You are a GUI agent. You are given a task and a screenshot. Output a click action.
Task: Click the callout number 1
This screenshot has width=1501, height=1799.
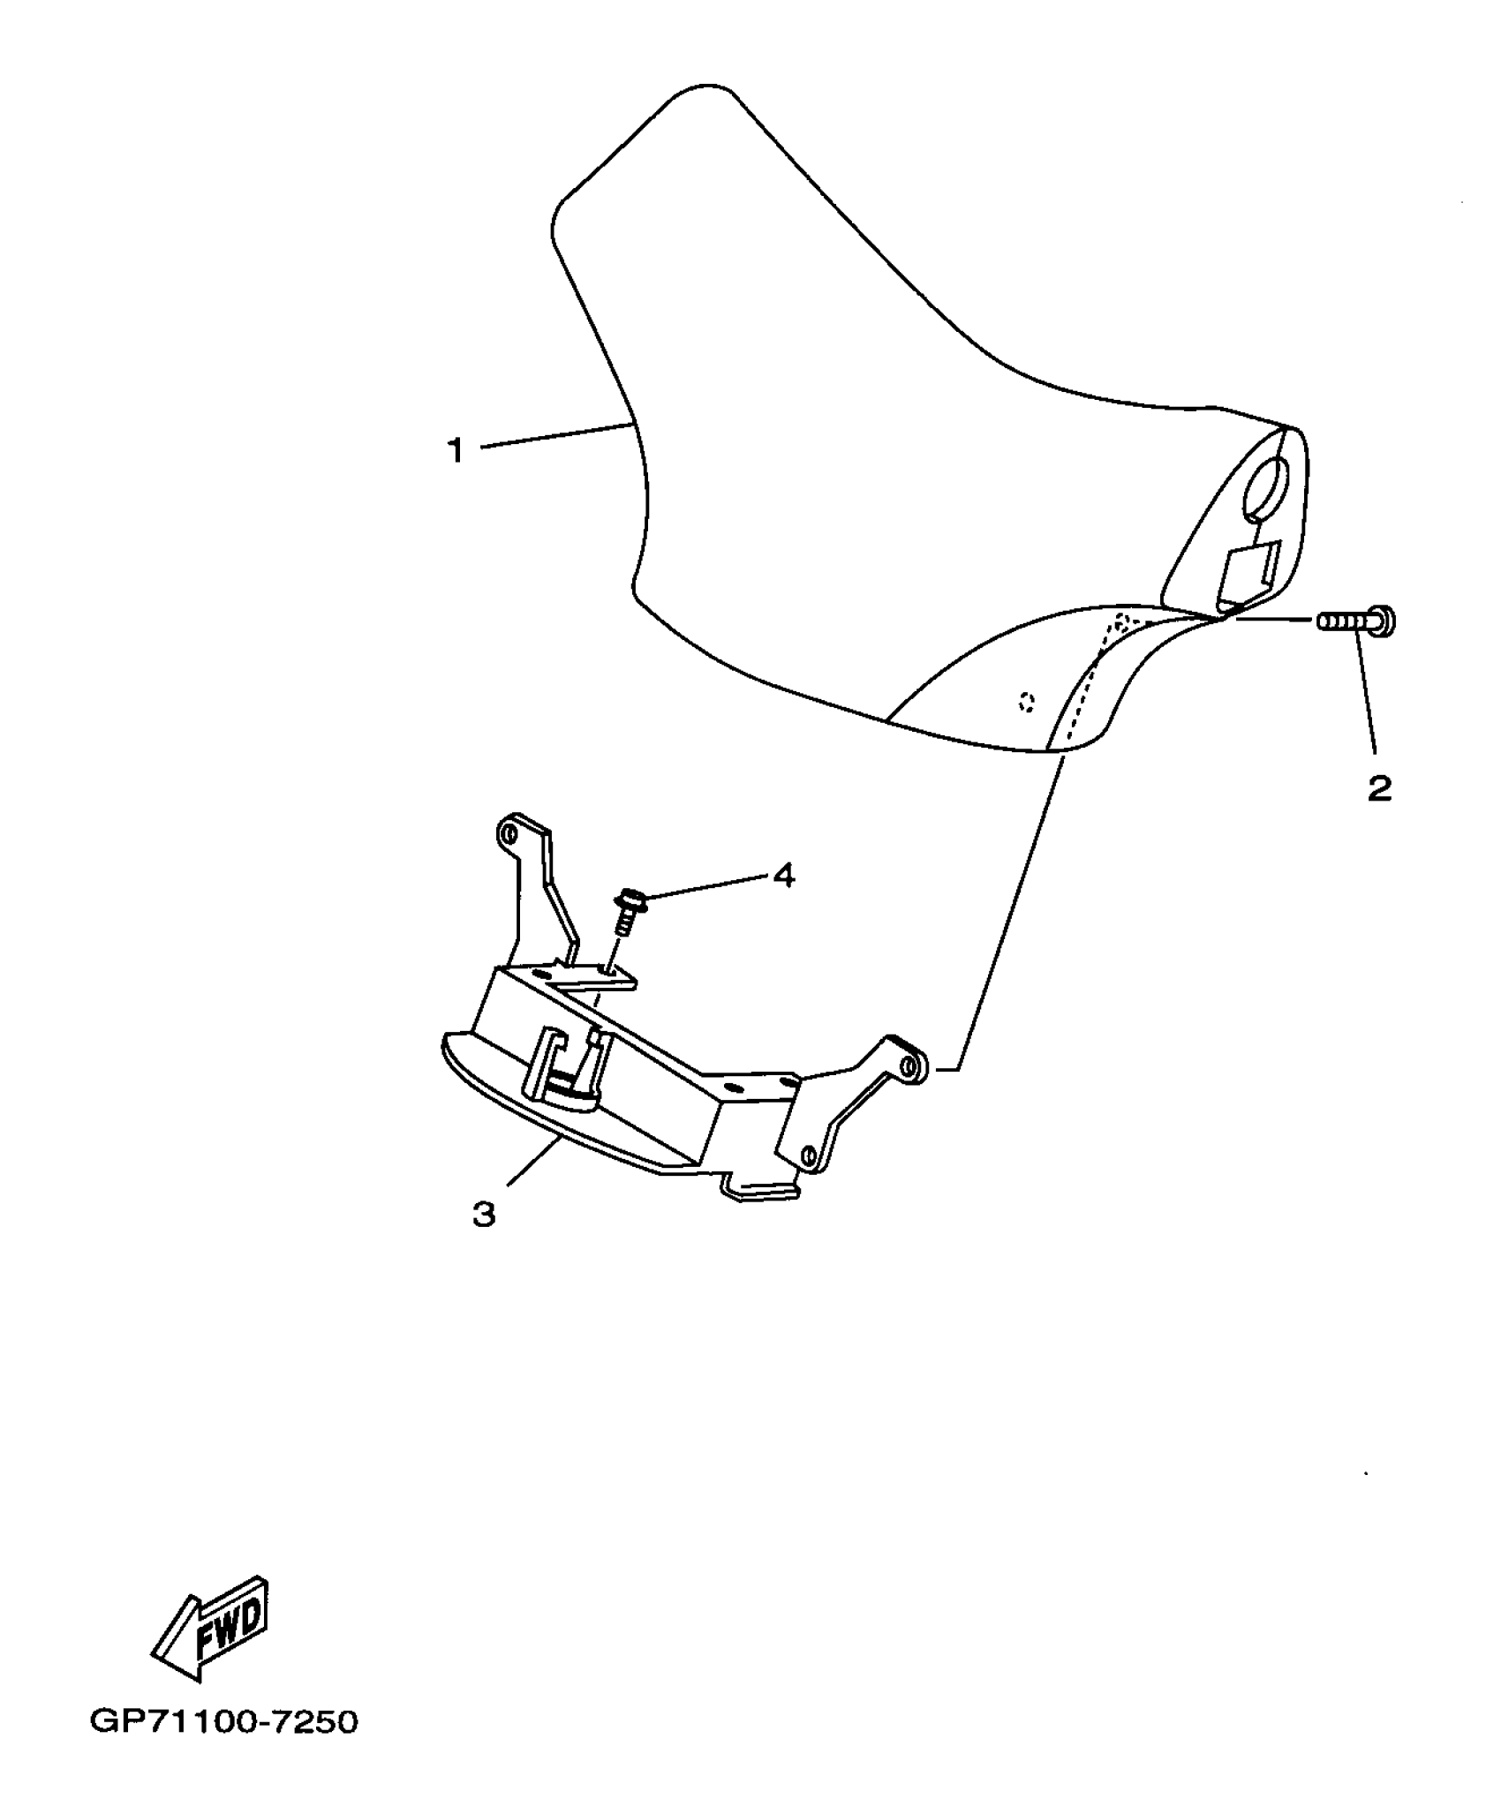[x=455, y=450]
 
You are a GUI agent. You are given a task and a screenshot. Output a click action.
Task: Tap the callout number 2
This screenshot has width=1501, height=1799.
[x=1379, y=787]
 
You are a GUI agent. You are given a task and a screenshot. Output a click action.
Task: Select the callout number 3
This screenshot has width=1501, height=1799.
[x=484, y=1215]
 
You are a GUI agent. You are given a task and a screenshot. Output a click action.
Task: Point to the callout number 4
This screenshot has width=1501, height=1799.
[x=784, y=876]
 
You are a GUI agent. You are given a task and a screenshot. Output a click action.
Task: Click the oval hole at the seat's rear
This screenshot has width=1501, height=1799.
[x=1267, y=489]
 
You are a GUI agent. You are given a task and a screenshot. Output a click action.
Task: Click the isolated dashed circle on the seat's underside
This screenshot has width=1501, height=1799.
[x=1025, y=703]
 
